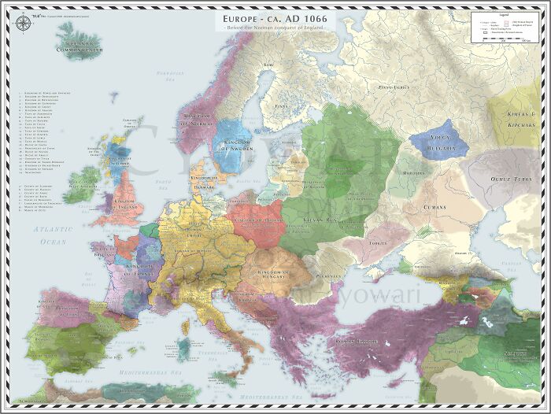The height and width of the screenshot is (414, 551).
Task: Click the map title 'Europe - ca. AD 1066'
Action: point(275,17)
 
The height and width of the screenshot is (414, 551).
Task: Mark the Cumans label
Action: point(433,207)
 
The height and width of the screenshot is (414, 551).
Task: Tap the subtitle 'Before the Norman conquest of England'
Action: point(275,28)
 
